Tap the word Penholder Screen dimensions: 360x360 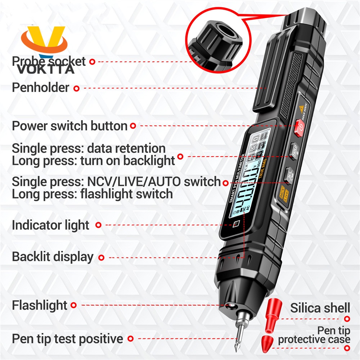coord(40,87)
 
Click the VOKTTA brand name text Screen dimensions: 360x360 coord(46,69)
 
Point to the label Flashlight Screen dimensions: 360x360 coord(40,306)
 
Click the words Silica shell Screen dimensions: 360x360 coord(320,308)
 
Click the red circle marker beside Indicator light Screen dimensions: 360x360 coord(98,225)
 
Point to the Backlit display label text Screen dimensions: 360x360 coord(53,257)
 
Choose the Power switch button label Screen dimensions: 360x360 coord(69,126)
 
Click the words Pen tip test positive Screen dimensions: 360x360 coord(67,339)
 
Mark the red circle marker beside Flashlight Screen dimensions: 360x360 coord(74,306)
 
